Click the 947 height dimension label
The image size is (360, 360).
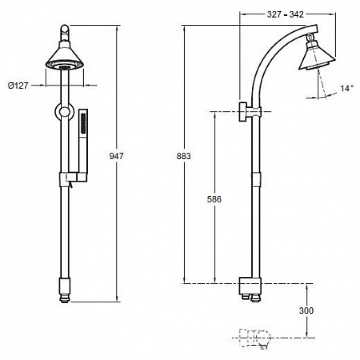(117, 156)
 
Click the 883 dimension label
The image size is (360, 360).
(184, 156)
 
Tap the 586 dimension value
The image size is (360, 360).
(214, 199)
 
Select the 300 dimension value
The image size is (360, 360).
(306, 310)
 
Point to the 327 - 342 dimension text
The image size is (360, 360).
(285, 14)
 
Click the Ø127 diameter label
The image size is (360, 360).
(18, 85)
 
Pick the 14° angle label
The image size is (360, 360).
(346, 88)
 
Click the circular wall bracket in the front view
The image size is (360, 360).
(64, 112)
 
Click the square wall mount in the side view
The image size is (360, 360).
(243, 112)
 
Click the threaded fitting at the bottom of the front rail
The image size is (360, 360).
(64, 290)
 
